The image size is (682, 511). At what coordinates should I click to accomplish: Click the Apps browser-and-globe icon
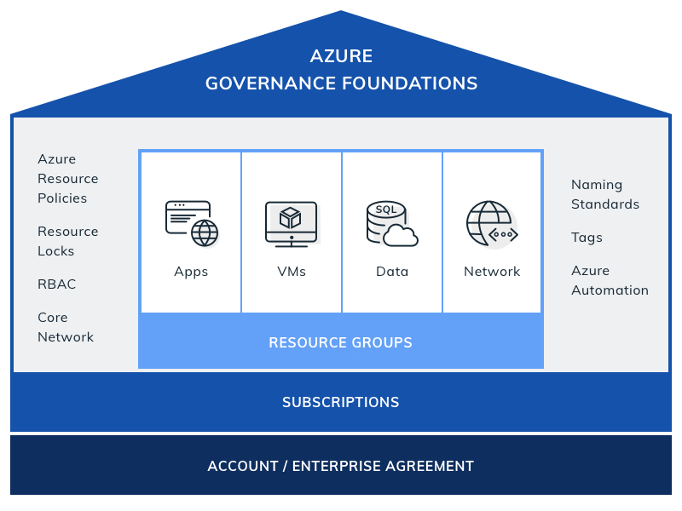(191, 223)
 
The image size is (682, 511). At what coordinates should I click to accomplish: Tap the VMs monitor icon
(292, 224)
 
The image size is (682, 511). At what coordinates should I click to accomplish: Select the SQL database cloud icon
(391, 223)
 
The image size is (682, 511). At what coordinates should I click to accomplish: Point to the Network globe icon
(491, 224)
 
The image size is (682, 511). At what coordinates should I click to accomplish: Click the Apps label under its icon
(191, 272)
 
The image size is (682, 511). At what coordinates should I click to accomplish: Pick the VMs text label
(292, 272)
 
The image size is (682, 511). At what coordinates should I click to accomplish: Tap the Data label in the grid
(392, 272)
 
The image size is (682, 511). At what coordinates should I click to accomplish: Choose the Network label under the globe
(492, 272)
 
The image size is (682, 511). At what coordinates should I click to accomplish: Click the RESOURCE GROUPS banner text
(340, 342)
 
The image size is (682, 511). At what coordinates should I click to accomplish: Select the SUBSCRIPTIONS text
(340, 402)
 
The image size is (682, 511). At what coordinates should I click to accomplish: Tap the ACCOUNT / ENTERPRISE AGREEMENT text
(340, 466)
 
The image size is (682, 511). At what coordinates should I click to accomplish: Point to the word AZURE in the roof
(341, 56)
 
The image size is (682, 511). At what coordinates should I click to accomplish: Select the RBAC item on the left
(56, 284)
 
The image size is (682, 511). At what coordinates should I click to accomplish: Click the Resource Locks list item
(67, 241)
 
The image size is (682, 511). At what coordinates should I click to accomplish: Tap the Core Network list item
(66, 327)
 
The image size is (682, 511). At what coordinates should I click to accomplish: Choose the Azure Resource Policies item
(67, 178)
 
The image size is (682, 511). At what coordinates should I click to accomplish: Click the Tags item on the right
(587, 238)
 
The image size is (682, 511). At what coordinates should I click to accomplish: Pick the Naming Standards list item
(604, 194)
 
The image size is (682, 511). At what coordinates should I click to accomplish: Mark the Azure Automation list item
(610, 280)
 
